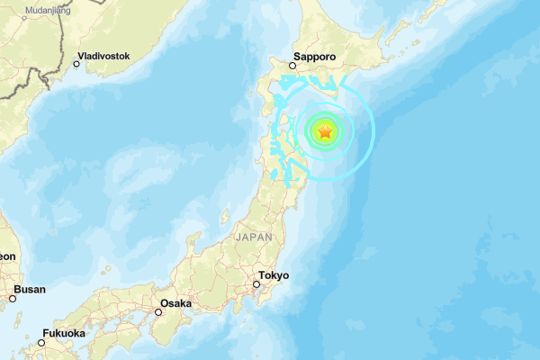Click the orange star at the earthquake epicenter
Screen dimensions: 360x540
point(325,132)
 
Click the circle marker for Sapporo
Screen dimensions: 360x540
point(293,65)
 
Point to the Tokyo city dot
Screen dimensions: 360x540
point(256,284)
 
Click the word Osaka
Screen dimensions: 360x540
point(175,303)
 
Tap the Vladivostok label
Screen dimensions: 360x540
point(103,56)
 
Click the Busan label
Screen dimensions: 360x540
point(31,289)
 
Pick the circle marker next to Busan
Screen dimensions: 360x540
point(13,298)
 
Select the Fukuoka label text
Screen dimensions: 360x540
point(64,333)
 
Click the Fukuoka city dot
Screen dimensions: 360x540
point(41,342)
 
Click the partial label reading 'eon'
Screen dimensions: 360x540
point(7,256)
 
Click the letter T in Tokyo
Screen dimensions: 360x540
point(261,275)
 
